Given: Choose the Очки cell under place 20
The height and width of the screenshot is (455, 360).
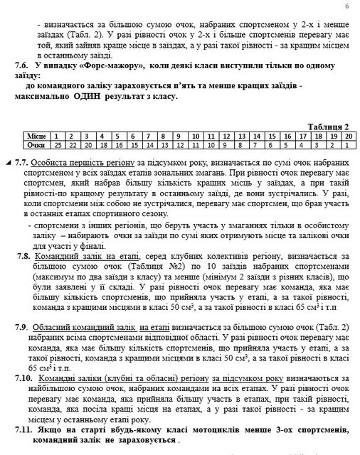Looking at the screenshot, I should click(349, 143).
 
